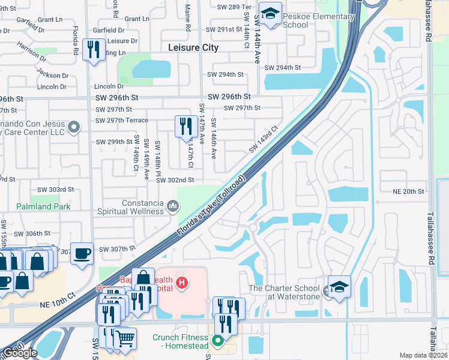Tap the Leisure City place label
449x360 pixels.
193,47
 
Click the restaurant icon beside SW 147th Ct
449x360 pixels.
184,126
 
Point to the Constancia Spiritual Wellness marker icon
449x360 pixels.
173,206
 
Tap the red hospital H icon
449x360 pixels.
181,282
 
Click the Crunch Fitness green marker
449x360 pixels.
218,340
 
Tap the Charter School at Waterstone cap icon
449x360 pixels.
339,286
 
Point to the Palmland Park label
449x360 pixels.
44,206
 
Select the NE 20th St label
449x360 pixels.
408,191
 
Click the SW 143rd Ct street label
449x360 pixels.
265,139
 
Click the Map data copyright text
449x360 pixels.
424,355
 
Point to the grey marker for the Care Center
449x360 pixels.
74,127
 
